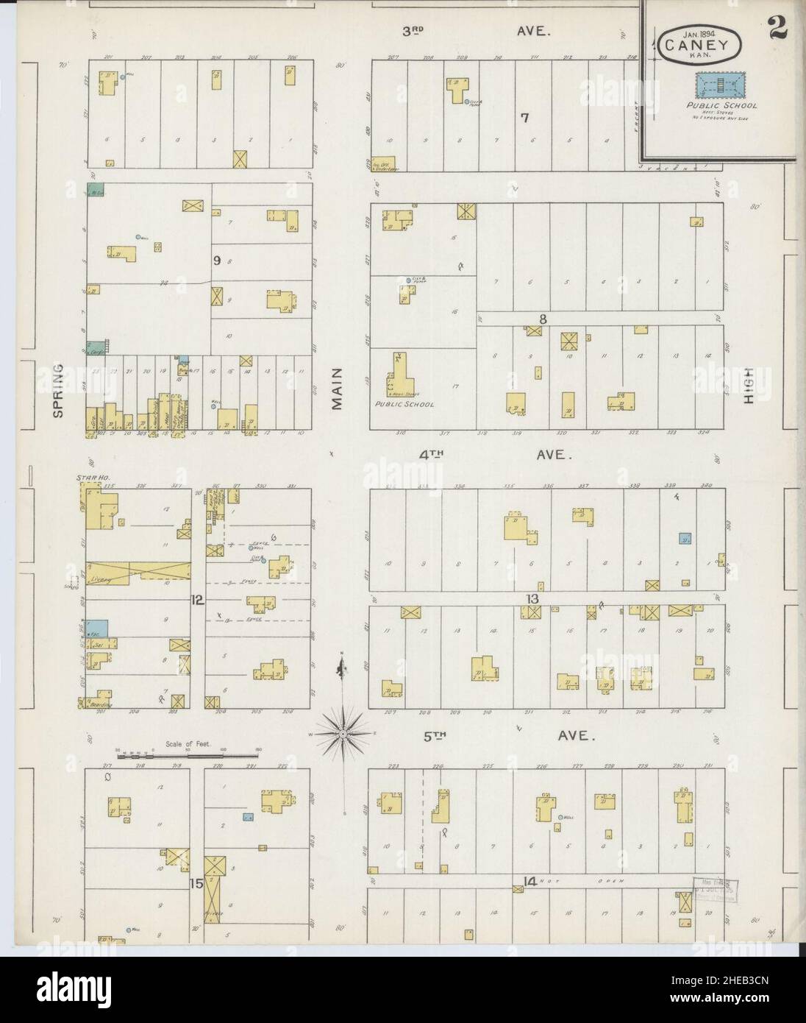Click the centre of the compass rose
pyautogui.click(x=343, y=733)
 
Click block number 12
pyautogui.click(x=196, y=600)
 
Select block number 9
pyautogui.click(x=217, y=260)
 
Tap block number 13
pyautogui.click(x=532, y=598)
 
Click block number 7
pyautogui.click(x=524, y=117)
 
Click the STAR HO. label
pyautogui.click(x=87, y=479)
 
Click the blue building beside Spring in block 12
pyautogui.click(x=97, y=628)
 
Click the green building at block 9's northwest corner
pyautogui.click(x=96, y=190)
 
